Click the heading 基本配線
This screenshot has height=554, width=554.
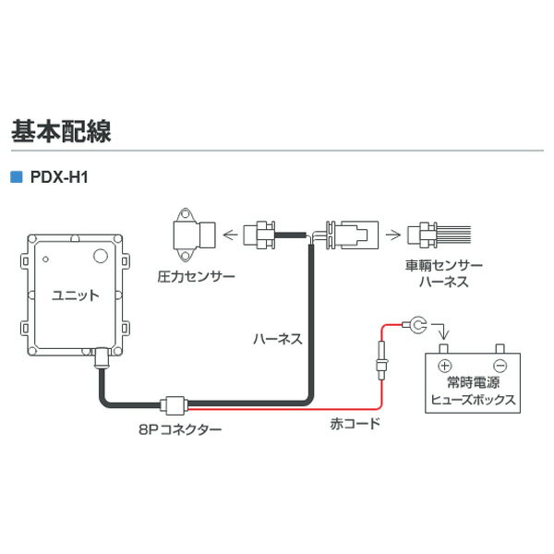coord(61,131)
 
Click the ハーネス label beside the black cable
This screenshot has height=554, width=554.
coord(277,338)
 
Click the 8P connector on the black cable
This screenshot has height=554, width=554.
coord(174,403)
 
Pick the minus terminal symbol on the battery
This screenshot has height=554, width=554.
coord(500,365)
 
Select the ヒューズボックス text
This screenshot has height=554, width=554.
coord(468,403)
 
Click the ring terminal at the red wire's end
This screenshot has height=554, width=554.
coord(417,324)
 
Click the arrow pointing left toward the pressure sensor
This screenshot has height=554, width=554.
coord(228,235)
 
